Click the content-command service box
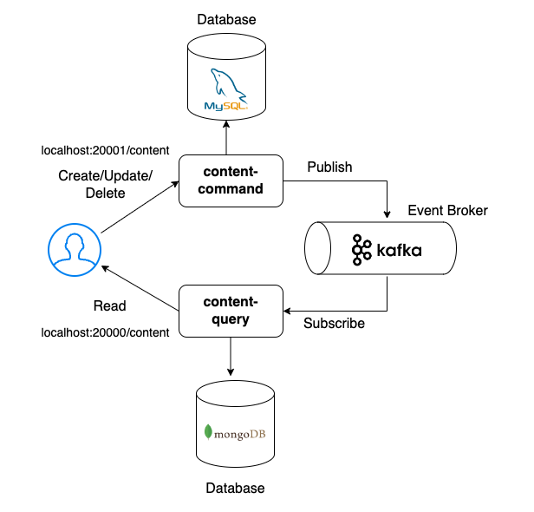231,181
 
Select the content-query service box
231,312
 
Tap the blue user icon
74,246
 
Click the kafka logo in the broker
387,250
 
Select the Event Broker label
447,211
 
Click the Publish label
330,167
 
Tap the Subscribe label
334,324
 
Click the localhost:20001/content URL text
105,150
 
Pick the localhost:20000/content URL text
105,333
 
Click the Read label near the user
110,305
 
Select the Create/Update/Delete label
105,184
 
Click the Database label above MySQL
226,19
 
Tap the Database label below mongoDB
235,489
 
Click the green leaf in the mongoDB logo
208,431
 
